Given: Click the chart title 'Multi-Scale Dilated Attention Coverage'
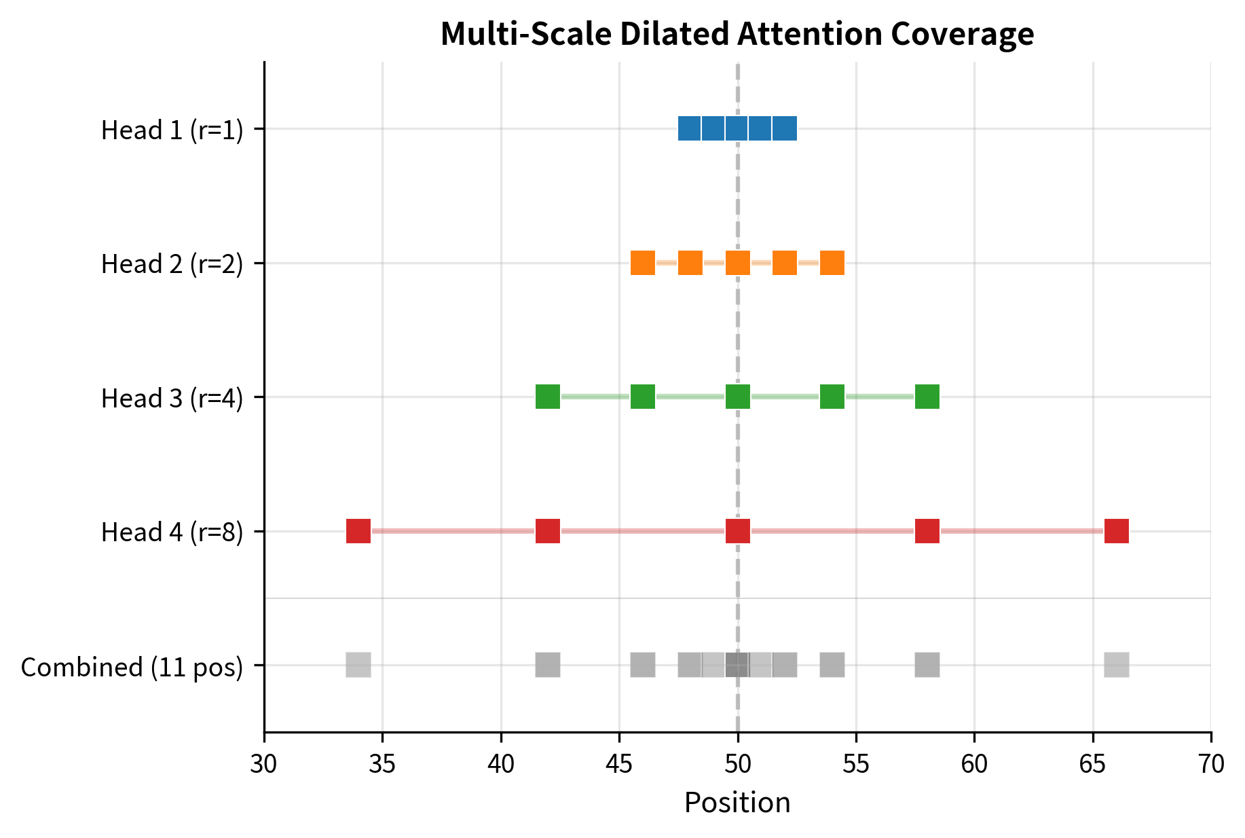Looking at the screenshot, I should [737, 34].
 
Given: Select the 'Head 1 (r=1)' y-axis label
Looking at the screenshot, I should [172, 130].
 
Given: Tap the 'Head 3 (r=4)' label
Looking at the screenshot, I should [172, 398].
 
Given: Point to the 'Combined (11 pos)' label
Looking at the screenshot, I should [132, 667].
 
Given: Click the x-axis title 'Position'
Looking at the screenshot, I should [737, 803].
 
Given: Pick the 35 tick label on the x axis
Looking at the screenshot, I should [382, 764].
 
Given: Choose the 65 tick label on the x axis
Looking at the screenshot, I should [1093, 764].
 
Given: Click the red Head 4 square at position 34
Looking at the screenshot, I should [358, 531].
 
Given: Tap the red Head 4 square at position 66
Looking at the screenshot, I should [1117, 531].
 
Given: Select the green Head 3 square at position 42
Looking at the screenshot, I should [548, 397].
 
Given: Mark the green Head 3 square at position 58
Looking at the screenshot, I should [927, 397].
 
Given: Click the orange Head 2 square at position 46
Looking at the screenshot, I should [643, 263].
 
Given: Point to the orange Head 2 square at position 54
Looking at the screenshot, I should [832, 263].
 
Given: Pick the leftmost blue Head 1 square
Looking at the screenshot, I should [690, 128].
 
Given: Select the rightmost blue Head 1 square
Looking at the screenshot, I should [785, 128].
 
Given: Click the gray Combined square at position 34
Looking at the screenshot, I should [358, 665].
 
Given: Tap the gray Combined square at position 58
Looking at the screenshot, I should [927, 665].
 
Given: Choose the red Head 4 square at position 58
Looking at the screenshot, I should [927, 531].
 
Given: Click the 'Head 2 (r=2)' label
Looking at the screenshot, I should [172, 264].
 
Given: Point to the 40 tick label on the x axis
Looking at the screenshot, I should [501, 764].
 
